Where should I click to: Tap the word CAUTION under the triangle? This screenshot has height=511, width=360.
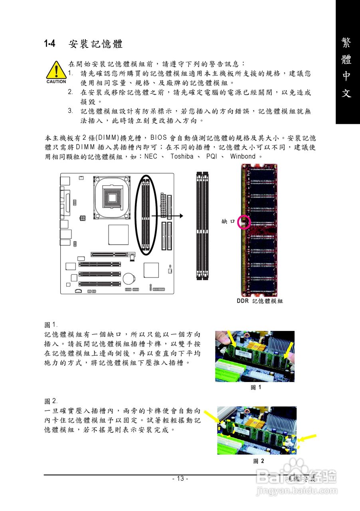click(56, 82)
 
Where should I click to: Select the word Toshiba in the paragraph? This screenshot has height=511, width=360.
click(182, 156)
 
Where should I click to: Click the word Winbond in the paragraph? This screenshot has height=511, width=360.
click(243, 156)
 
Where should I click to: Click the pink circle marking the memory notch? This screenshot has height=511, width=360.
click(244, 222)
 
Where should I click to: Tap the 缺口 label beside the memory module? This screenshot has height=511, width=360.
click(228, 222)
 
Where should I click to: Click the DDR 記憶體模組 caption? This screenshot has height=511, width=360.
click(259, 301)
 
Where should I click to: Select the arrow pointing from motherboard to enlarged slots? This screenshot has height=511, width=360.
click(168, 216)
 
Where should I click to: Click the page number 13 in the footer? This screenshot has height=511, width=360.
click(180, 479)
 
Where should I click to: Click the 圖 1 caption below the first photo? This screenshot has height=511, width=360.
click(255, 387)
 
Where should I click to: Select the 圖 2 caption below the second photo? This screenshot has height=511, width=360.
click(258, 461)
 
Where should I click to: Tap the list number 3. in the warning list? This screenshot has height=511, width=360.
click(70, 111)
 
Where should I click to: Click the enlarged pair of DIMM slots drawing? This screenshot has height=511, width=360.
click(203, 226)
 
